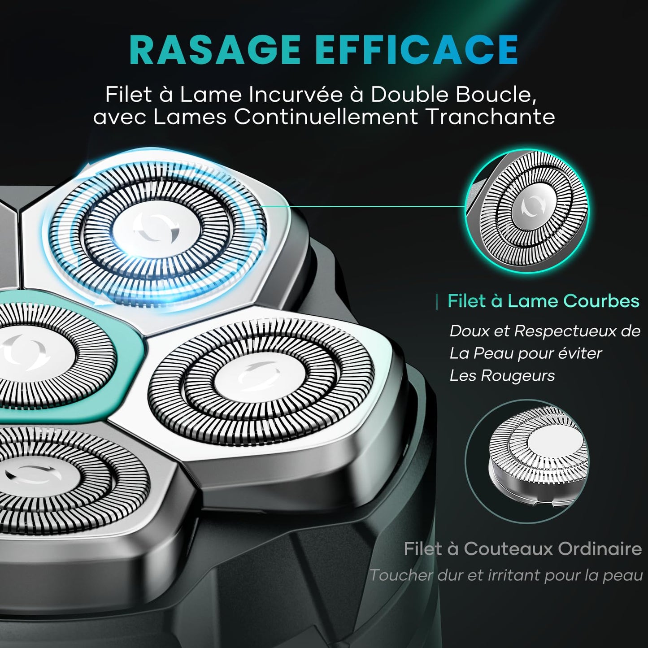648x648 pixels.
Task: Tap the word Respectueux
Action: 569,331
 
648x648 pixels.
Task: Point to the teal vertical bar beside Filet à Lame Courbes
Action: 437,301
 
